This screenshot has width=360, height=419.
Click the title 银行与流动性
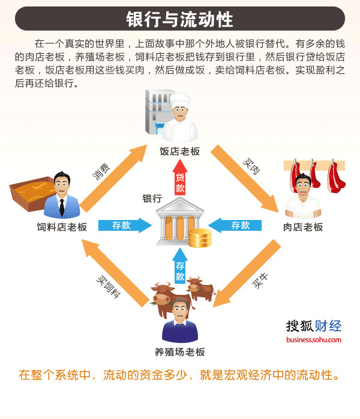pyautogui.click(x=179, y=19)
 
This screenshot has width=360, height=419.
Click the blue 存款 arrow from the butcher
pyautogui.click(x=238, y=225)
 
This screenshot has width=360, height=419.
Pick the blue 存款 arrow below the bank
pyautogui.click(x=180, y=270)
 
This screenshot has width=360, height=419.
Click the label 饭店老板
pyautogui.click(x=179, y=151)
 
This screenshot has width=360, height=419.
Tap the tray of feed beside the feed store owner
pyautogui.click(x=30, y=192)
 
